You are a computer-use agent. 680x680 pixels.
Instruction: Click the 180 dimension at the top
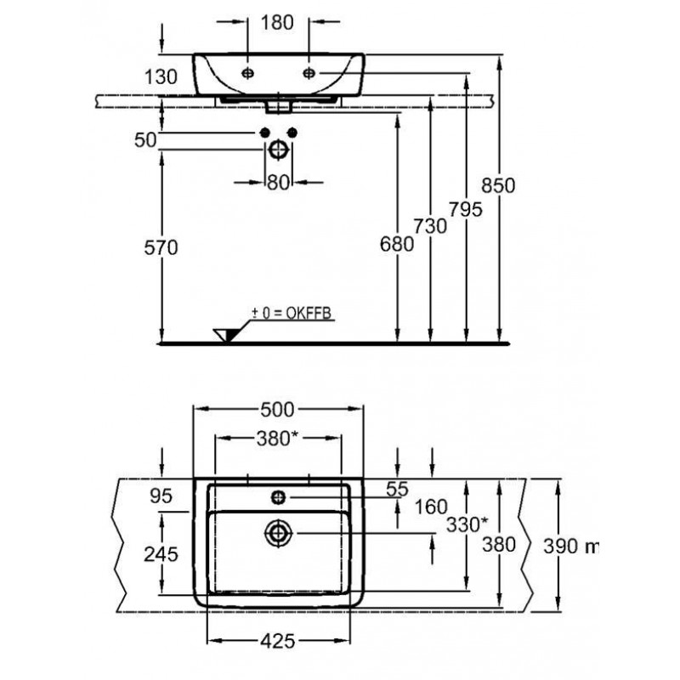278,23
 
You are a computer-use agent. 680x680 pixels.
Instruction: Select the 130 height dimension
161,76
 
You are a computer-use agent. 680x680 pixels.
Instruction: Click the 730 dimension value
430,225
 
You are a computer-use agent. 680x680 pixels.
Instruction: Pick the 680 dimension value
397,244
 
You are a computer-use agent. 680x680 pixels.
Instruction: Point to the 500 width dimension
278,410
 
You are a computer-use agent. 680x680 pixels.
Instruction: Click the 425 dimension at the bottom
278,641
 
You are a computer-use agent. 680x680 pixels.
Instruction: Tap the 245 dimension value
161,554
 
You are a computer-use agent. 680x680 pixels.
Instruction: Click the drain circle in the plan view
278,533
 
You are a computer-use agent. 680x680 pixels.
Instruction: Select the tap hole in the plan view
278,496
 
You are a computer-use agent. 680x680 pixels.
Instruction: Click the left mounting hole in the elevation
247,73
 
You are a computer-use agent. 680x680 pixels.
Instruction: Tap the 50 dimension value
147,139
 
